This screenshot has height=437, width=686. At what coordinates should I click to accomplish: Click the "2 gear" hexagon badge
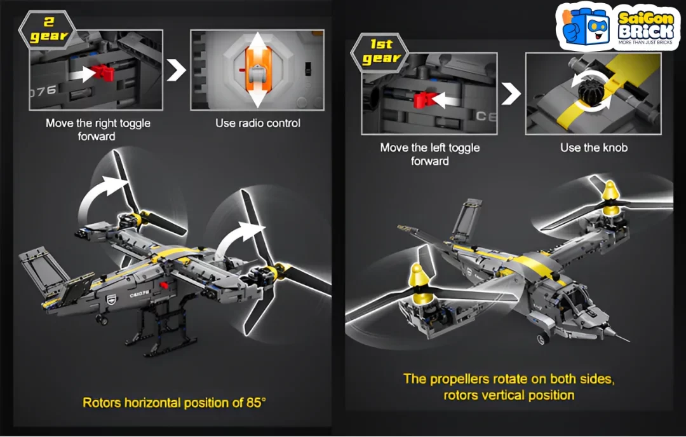47,29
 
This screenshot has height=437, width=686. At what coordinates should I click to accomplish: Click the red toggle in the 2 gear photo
104,73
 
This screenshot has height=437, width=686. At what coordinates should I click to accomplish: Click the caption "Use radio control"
258,123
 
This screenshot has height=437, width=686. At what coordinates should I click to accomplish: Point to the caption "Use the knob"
594,148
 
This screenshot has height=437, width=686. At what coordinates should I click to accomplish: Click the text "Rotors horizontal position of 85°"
174,403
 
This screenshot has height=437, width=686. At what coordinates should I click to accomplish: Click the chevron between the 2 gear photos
177,70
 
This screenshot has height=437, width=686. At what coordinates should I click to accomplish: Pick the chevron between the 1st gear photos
511,93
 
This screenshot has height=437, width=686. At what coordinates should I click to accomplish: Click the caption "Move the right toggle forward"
98,130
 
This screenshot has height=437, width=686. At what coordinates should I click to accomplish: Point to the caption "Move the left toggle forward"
429,155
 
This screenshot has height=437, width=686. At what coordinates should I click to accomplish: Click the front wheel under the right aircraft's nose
543,338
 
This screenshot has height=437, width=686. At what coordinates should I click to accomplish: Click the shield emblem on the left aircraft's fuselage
112,300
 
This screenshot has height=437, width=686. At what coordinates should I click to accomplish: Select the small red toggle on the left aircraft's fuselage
164,286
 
